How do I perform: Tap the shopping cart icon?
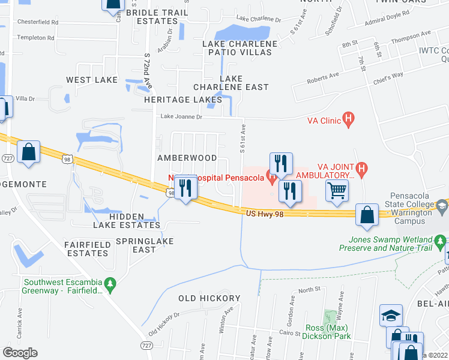[x=337, y=191]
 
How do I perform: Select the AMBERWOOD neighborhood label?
[x=187, y=158]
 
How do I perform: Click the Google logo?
[x=20, y=353]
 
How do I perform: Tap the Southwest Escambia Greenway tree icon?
[x=110, y=283]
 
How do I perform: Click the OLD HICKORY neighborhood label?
[x=209, y=298]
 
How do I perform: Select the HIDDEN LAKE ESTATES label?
[x=127, y=221]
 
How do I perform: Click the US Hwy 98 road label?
[x=264, y=214]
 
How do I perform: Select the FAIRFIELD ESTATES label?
[x=86, y=249]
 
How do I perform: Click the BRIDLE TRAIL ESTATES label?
[x=154, y=16]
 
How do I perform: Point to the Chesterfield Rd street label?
[x=37, y=22]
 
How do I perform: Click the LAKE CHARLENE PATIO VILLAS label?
[x=240, y=48]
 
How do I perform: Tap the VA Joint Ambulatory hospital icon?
[x=361, y=169]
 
